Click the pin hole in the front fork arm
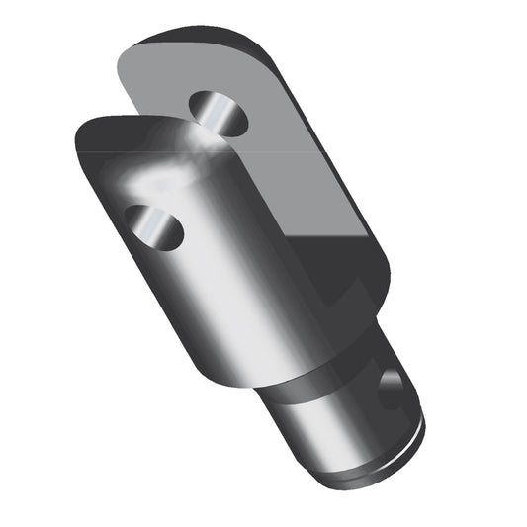(x=153, y=226)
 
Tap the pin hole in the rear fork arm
(x=219, y=113)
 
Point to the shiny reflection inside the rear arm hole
(x=212, y=113)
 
